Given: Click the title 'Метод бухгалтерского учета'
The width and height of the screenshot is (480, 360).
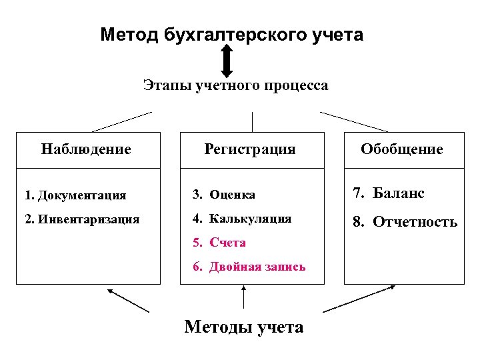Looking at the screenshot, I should (232, 35).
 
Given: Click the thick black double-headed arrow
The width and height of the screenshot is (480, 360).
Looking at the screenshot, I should (227, 61).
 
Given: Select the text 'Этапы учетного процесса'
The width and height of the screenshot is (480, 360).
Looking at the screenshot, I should (235, 86).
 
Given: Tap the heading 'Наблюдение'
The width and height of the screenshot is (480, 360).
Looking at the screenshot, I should (86, 149).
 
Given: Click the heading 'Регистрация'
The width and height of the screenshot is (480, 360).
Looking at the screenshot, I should (249, 149).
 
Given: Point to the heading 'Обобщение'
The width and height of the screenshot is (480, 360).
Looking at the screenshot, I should (401, 149).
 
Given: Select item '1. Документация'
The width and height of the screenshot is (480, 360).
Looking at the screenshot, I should (75, 195).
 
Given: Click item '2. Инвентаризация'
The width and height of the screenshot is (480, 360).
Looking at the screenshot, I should (81, 218).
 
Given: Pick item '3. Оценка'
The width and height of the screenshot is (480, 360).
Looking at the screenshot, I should (224, 195).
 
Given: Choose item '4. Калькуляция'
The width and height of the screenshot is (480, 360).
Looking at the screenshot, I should (242, 218).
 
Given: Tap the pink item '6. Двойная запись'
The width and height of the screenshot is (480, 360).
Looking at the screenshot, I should (249, 267).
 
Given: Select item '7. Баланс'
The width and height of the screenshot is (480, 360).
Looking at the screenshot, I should (389, 193).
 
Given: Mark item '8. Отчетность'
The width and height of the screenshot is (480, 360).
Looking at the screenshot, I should (405, 221).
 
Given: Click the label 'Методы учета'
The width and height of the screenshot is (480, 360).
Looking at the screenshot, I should (243, 327).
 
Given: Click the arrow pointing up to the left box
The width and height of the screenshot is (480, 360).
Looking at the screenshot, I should (128, 300).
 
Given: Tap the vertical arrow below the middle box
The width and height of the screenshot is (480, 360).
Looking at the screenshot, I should (244, 297).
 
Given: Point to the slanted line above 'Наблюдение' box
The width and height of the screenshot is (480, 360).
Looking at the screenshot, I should (122, 121).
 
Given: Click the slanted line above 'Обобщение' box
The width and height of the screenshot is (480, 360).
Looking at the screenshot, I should (354, 121).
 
